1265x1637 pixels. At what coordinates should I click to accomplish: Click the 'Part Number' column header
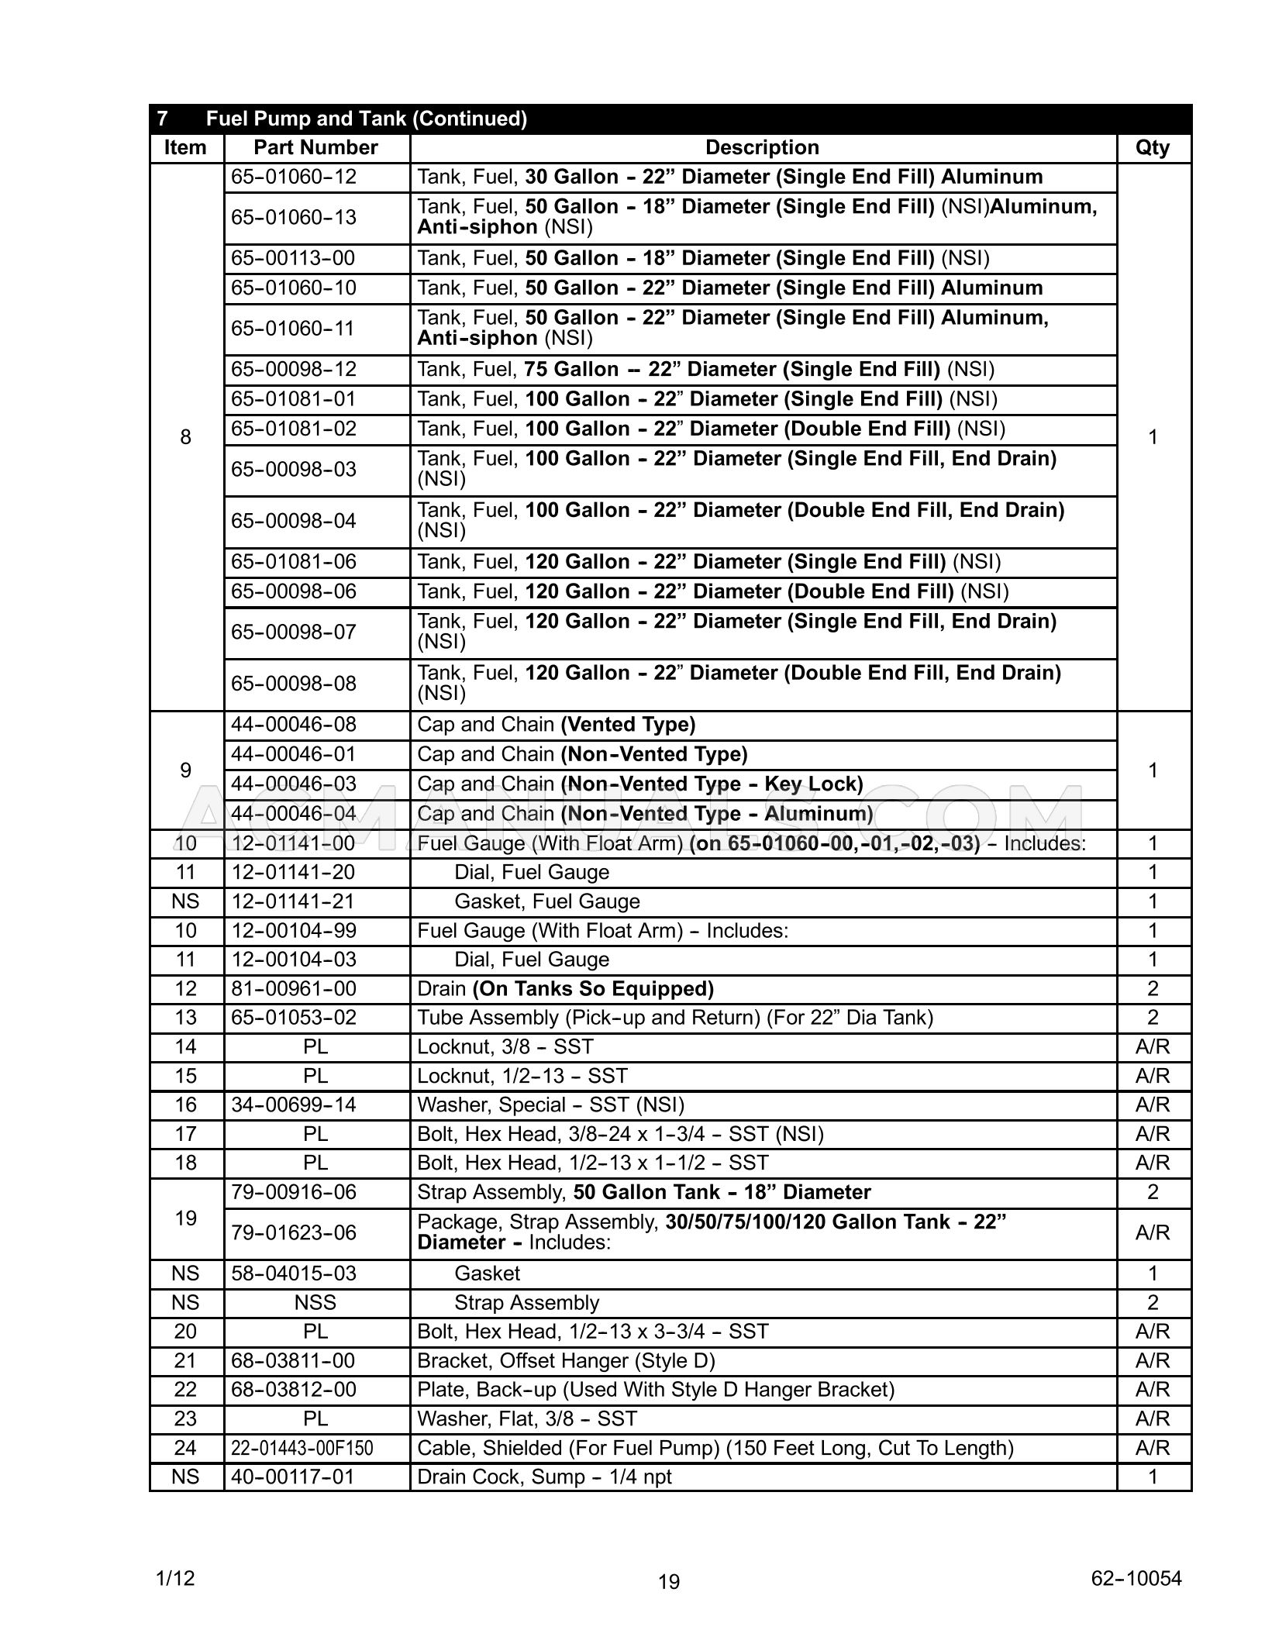click(x=315, y=147)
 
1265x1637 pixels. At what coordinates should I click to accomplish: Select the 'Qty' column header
click(x=1152, y=147)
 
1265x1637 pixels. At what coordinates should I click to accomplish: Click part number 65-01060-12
click(x=294, y=177)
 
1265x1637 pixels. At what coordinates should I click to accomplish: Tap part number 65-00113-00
click(x=294, y=258)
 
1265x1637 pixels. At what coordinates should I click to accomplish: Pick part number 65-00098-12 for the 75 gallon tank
click(x=294, y=369)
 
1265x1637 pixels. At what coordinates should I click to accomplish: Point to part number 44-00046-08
click(x=294, y=725)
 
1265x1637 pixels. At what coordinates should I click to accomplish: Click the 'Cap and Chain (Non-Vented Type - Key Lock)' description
click(x=639, y=784)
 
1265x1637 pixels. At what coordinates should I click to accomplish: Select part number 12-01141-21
click(x=294, y=901)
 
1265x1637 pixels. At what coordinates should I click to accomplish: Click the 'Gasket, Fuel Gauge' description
click(x=546, y=901)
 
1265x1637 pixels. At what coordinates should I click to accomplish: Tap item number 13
click(x=185, y=1018)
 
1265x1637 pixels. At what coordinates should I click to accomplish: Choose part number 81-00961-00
click(x=294, y=989)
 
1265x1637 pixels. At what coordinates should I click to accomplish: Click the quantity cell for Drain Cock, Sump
click(x=1152, y=1477)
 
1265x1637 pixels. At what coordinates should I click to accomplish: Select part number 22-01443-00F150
click(x=302, y=1448)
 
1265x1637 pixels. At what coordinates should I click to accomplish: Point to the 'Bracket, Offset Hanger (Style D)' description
click(x=566, y=1361)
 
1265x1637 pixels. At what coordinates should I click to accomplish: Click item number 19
click(x=185, y=1218)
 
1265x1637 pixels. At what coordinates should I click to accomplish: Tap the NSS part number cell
click(x=315, y=1303)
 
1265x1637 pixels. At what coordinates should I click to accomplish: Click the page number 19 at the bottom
click(x=669, y=1581)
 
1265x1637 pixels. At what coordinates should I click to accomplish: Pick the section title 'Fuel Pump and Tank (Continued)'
click(x=366, y=119)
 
